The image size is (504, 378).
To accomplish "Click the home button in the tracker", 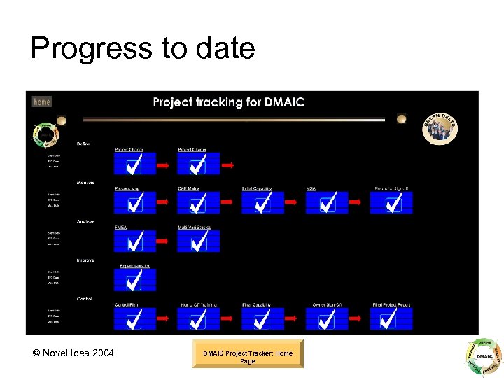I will pos(42,101).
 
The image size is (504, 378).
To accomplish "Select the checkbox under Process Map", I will pos(134,203).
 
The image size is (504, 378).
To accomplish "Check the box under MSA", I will pos(327,203).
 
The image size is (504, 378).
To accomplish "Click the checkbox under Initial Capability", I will pos(262,203).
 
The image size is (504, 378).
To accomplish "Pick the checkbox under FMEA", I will pos(134,241).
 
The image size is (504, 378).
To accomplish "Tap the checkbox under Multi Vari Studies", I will pos(198,241).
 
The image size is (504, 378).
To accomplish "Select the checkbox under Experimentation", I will pos(134,281).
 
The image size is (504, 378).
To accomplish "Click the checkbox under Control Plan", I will pos(134,320).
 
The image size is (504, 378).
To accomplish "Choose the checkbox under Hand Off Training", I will pos(198,320).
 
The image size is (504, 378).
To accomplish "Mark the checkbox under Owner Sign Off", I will pos(327,320).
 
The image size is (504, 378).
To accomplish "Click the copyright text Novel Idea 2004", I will pos(73,353).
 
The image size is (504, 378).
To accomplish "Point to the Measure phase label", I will pos(86,183).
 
